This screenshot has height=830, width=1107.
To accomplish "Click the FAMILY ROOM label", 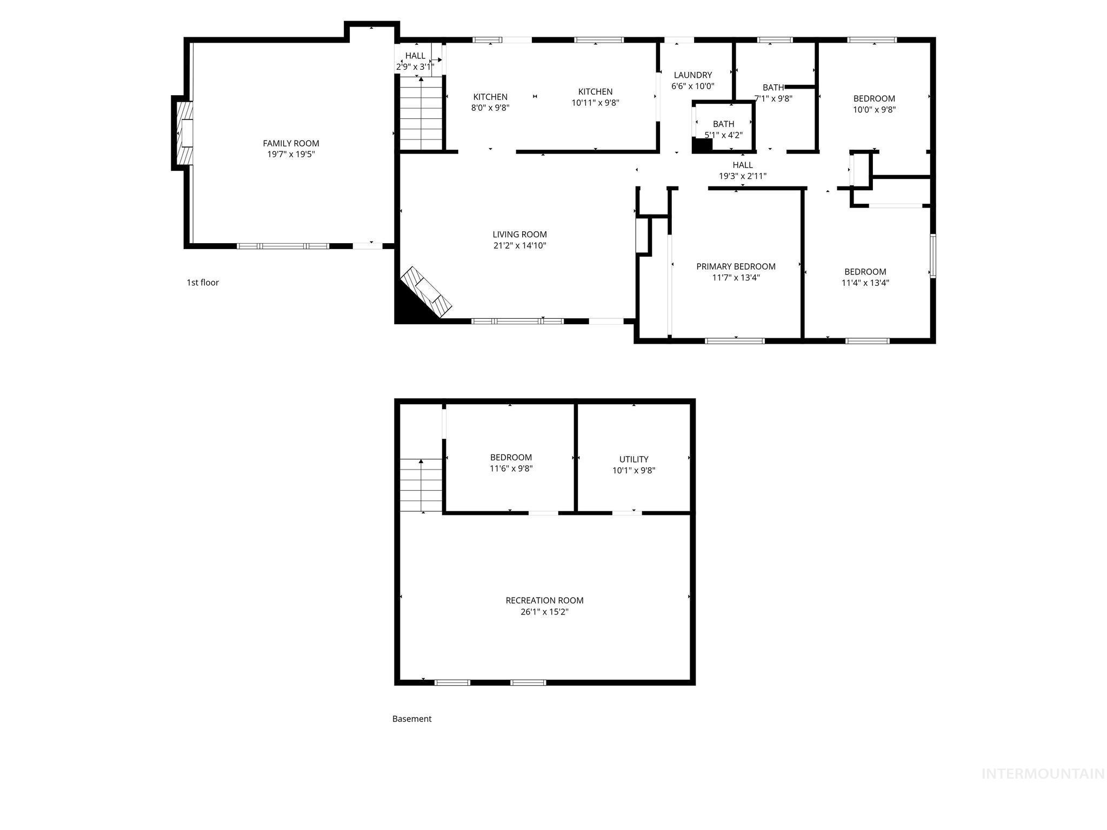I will tap(291, 143).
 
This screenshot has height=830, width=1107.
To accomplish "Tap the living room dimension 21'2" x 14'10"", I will tap(519, 246).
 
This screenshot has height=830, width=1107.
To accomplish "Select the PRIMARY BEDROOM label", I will tap(736, 266).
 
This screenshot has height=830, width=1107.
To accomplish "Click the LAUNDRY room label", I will tap(692, 75).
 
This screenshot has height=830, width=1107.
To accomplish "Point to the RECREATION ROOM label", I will tap(544, 600).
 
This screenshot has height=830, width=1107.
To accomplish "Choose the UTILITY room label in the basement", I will tap(633, 459).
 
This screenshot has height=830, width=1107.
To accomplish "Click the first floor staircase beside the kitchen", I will tap(421, 113).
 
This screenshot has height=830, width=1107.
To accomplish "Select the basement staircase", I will tap(421, 485).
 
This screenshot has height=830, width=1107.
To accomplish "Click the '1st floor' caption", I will tap(203, 283).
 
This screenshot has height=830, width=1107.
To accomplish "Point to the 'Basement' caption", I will tap(412, 719).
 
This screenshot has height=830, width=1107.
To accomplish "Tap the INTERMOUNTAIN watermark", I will tap(1043, 774).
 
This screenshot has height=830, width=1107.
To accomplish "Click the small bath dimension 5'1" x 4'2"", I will tap(723, 135).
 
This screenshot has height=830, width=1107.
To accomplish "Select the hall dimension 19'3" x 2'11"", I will tap(742, 176).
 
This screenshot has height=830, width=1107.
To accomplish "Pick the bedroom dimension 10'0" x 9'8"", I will tap(874, 110).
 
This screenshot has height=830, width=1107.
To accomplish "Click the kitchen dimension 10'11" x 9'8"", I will tap(595, 103).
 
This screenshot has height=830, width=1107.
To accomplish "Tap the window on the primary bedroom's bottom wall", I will tap(735, 341).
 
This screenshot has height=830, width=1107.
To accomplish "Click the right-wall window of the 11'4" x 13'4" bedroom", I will tap(933, 256).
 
